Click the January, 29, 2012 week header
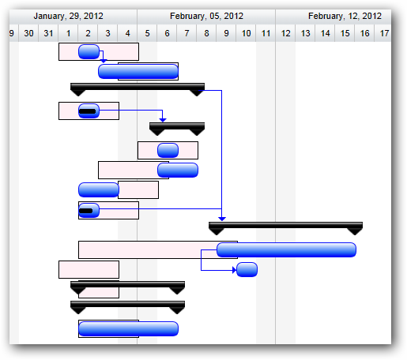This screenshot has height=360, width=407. tap(69, 17)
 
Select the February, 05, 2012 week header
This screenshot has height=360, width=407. tap(206, 17)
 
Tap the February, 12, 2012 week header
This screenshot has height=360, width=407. tap(345, 17)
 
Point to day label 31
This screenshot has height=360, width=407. tap(48, 33)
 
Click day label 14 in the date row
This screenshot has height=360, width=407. tap(325, 33)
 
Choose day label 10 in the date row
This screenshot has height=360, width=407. tap(246, 33)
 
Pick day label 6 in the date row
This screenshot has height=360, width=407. tap(167, 33)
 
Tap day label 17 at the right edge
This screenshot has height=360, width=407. tap(384, 33)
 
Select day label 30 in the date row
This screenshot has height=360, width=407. tap(28, 33)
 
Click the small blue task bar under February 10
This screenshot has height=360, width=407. tap(247, 270)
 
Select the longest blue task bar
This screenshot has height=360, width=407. tap(286, 250)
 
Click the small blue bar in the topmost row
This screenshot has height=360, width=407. tap(89, 52)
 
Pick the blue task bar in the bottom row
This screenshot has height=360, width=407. tap(128, 329)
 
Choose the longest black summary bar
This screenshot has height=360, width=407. tap(285, 225)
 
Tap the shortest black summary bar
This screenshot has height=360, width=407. tap(177, 126)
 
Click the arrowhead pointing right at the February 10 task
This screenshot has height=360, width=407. tap(234, 270)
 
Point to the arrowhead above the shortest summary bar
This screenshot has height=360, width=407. tap(163, 120)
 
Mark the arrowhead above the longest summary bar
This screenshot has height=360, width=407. tap(222, 219)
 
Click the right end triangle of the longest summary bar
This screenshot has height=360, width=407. tap(355, 231)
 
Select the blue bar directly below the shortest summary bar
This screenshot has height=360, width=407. tap(168, 151)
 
